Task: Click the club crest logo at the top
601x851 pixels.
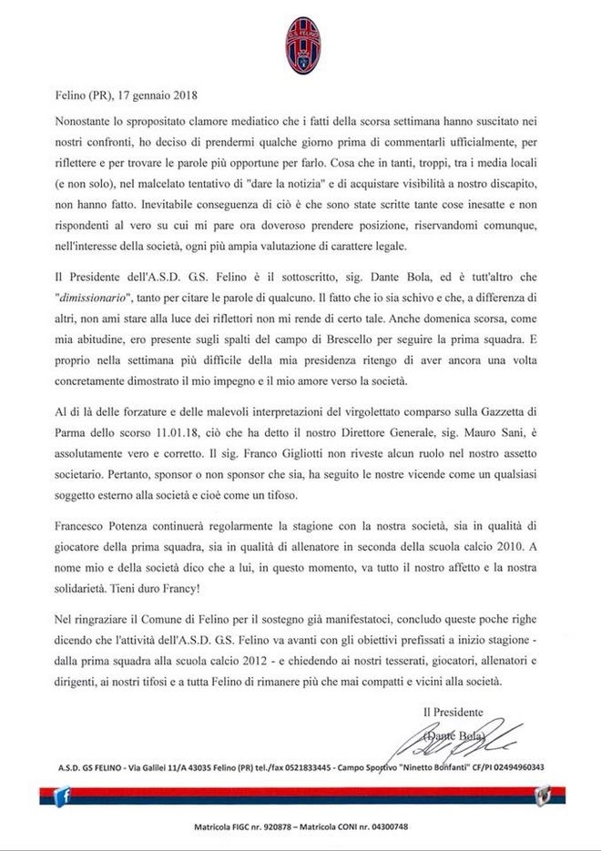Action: pos(299,43)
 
